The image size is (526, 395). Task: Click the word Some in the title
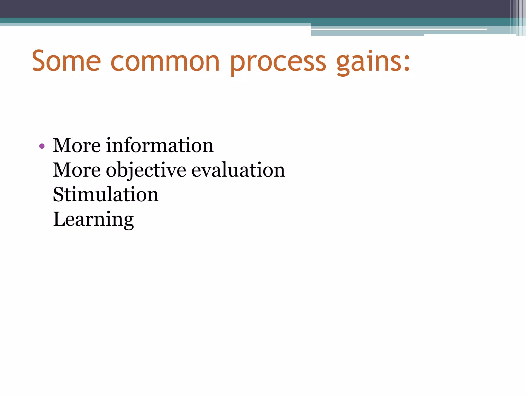pyautogui.click(x=67, y=61)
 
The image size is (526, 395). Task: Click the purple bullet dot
pyautogui.click(x=42, y=146)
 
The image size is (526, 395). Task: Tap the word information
pyautogui.click(x=159, y=146)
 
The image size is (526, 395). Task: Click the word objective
pyautogui.click(x=146, y=170)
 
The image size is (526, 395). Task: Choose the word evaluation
pyautogui.click(x=238, y=170)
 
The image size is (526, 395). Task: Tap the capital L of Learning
pyautogui.click(x=59, y=219)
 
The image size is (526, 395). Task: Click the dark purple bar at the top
pyautogui.click(x=231, y=8)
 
